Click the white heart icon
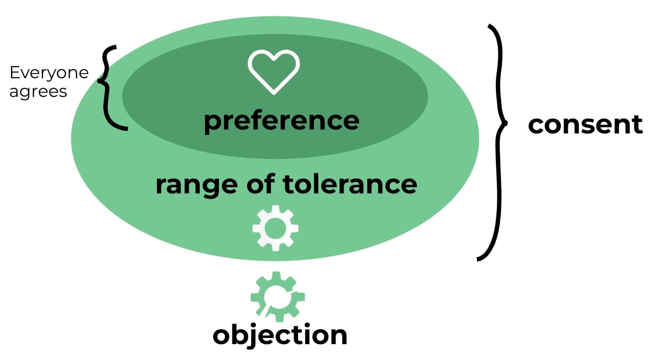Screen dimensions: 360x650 pos(274,71)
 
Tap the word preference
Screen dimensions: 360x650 pos(281,120)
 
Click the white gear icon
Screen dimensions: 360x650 pos(276,228)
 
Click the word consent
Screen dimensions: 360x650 pos(585,124)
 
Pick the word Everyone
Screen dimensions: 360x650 pos(49,73)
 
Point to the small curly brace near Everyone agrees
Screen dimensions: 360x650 pos(110,87)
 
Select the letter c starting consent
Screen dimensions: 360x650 pos(536,125)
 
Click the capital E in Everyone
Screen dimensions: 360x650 pos(14,73)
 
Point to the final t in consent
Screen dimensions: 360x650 pos(637,124)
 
